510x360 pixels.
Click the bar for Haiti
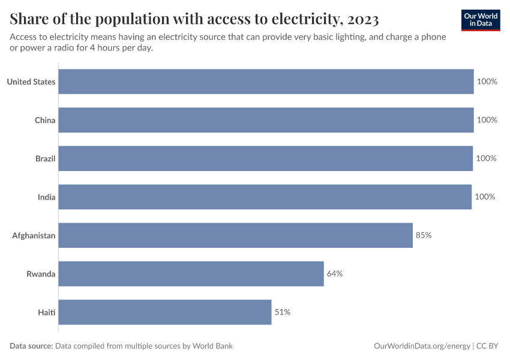pyautogui.click(x=165, y=312)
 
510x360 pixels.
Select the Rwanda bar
pyautogui.click(x=191, y=274)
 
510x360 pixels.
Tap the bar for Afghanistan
pyautogui.click(x=235, y=235)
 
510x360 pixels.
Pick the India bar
pyautogui.click(x=265, y=197)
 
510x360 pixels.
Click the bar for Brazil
pyautogui.click(x=265, y=158)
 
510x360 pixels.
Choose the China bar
pyautogui.click(x=266, y=120)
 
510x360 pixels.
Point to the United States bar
pyautogui.click(x=266, y=82)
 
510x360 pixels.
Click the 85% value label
pyautogui.click(x=424, y=235)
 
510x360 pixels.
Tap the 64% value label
pyautogui.click(x=335, y=274)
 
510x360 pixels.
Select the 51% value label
pyautogui.click(x=283, y=312)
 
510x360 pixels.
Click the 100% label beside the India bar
pyautogui.click(x=485, y=197)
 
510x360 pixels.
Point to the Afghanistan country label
pyautogui.click(x=34, y=235)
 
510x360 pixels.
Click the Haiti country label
pyautogui.click(x=46, y=312)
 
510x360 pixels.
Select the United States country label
pyautogui.click(x=31, y=82)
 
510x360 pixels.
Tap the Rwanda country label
pyautogui.click(x=41, y=274)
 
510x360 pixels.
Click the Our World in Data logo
pyautogui.click(x=480, y=20)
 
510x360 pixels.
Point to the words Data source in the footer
pyautogui.click(x=31, y=346)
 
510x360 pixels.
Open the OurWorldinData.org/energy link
pyautogui.click(x=422, y=346)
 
